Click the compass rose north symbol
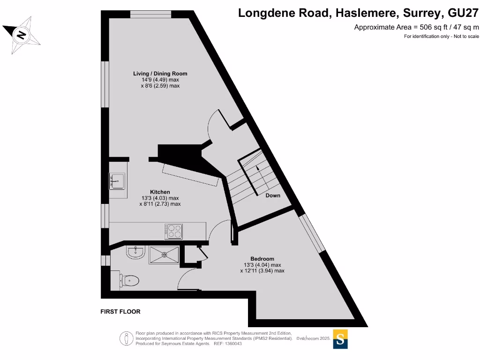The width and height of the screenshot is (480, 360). pyautogui.click(x=21, y=34)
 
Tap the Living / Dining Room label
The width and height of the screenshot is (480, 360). pyautogui.click(x=160, y=74)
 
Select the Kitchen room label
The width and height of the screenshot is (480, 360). pyautogui.click(x=160, y=192)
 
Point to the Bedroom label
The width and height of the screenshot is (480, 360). pyautogui.click(x=262, y=259)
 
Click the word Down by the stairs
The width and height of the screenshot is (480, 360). pyautogui.click(x=273, y=195)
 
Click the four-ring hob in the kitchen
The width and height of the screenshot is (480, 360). pyautogui.click(x=173, y=231)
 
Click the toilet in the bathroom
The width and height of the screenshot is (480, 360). pyautogui.click(x=129, y=280)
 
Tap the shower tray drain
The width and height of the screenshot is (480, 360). pyautogui.click(x=165, y=255)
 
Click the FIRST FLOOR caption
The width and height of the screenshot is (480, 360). pyautogui.click(x=120, y=312)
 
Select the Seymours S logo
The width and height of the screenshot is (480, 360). pyautogui.click(x=341, y=339)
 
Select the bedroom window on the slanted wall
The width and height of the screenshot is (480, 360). pyautogui.click(x=312, y=233)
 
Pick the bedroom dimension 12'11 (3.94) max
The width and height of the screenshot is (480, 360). pyautogui.click(x=262, y=270)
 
